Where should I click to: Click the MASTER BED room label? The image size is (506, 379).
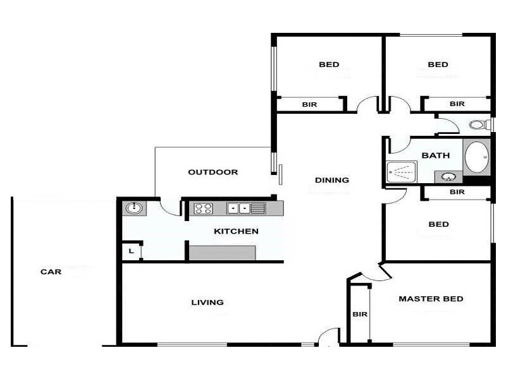click(431, 299)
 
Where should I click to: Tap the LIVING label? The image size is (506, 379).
click(207, 302)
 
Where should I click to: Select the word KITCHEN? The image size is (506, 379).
click(236, 231)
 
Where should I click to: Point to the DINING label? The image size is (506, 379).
click(332, 180)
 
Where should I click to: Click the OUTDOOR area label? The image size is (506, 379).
click(213, 172)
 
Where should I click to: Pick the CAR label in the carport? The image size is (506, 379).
click(51, 272)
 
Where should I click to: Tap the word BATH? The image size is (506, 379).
click(435, 155)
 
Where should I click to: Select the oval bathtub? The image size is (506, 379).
click(476, 157)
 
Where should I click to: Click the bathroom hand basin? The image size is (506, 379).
click(449, 176)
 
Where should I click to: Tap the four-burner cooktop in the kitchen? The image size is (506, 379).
click(203, 208)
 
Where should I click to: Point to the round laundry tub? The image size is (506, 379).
click(134, 208)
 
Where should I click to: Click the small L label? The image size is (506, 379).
click(131, 251)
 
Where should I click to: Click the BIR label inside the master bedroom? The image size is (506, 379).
click(360, 314)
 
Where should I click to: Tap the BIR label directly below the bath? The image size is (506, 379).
click(457, 192)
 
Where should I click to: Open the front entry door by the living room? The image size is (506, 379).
click(329, 339)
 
